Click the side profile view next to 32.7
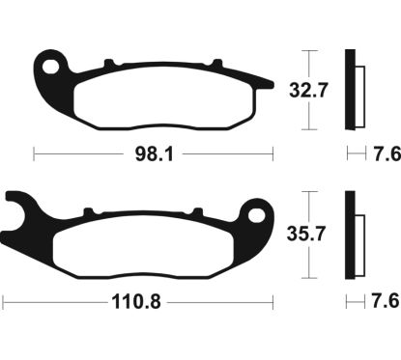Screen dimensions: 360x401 [354, 91]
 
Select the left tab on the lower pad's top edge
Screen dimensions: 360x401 [89, 208]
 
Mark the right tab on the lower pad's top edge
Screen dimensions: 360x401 [193, 208]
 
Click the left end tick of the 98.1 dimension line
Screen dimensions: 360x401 [34, 153]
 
